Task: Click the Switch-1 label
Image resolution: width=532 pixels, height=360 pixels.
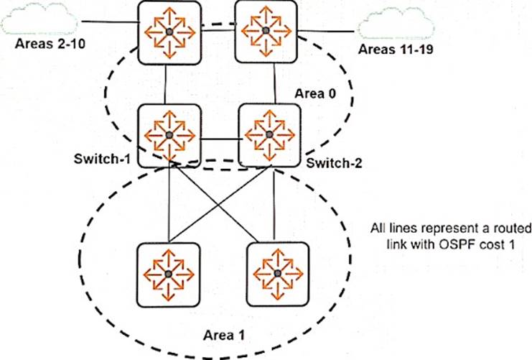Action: [x=102, y=159]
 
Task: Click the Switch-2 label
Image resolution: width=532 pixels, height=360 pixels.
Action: [x=334, y=163]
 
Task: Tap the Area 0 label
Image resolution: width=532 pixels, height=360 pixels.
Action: [x=315, y=93]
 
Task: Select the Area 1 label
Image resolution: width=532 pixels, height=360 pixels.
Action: [x=223, y=336]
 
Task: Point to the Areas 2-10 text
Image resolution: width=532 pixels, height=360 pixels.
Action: [x=50, y=44]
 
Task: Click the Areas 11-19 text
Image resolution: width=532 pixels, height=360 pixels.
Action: [x=396, y=50]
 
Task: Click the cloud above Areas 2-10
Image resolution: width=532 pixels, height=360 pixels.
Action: [x=39, y=19]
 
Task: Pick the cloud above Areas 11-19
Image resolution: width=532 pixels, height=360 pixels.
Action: [x=396, y=24]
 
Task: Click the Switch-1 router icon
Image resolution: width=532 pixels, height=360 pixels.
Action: [x=169, y=136]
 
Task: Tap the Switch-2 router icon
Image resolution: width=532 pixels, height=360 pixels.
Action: [x=269, y=135]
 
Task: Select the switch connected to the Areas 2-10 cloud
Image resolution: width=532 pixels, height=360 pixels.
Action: [x=169, y=32]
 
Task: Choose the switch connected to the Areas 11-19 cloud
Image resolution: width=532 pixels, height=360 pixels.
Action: [x=266, y=31]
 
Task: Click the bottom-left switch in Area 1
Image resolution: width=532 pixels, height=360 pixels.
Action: [x=168, y=274]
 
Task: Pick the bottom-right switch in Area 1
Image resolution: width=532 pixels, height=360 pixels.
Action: [x=278, y=274]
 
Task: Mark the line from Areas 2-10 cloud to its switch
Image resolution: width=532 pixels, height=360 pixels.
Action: [x=110, y=22]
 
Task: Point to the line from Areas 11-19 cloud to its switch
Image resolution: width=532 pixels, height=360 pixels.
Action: [x=326, y=32]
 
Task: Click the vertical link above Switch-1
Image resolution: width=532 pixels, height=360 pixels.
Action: [x=165, y=84]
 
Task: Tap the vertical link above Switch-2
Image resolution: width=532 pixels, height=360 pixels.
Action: [x=274, y=83]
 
